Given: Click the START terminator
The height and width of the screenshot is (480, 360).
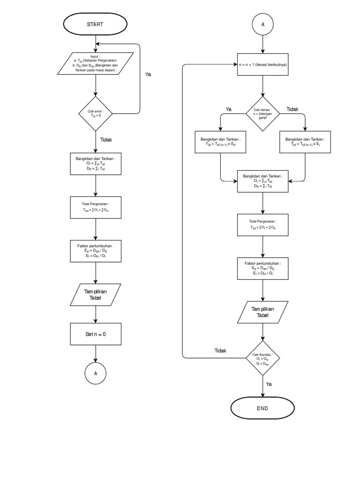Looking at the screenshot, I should click(x=95, y=24).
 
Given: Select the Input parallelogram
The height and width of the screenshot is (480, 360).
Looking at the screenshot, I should click(x=95, y=64).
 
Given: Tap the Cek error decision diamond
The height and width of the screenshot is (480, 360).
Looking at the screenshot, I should click(x=95, y=113).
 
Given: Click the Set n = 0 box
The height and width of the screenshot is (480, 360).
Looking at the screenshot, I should click(x=95, y=334).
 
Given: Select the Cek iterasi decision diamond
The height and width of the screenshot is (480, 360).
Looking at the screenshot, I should click(x=262, y=113).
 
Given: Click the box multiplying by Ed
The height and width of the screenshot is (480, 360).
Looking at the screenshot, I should click(x=220, y=142).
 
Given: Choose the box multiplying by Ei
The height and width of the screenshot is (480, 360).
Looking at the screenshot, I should click(x=305, y=142).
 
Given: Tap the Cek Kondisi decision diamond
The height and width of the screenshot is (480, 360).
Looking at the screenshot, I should click(x=262, y=359).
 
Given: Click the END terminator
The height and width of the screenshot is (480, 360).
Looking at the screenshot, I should click(x=262, y=408).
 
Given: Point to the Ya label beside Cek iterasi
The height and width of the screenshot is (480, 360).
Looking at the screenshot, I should click(x=229, y=109).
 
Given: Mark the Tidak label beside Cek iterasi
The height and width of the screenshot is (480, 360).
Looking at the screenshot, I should click(x=292, y=109).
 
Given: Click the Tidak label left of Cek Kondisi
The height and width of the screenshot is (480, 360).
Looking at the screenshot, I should click(x=220, y=351).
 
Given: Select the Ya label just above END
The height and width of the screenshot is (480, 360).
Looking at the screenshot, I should click(x=269, y=384).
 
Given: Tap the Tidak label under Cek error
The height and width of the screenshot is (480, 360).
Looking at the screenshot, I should click(x=106, y=139).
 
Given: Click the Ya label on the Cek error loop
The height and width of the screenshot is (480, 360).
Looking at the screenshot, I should click(x=149, y=74).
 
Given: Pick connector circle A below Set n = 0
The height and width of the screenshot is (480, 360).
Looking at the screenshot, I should click(x=95, y=374).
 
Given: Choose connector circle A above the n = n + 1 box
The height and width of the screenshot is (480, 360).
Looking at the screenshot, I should click(x=262, y=24).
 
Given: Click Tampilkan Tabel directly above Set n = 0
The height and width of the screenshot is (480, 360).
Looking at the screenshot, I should click(x=95, y=294).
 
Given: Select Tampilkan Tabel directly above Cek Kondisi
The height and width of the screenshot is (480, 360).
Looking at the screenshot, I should click(x=262, y=312).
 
